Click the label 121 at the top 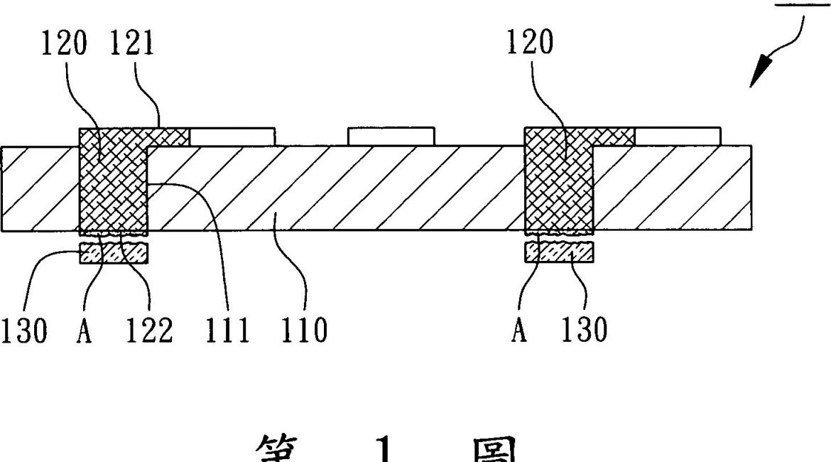(x=132, y=44)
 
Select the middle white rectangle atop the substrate (x=391, y=136)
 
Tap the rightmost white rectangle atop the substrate (x=678, y=136)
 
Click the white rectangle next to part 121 (x=232, y=136)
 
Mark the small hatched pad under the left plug (x=114, y=252)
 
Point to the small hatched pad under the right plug (x=558, y=252)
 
